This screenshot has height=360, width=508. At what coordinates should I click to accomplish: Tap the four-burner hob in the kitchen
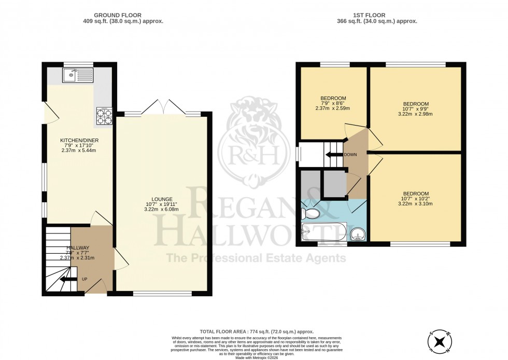coord(105,117)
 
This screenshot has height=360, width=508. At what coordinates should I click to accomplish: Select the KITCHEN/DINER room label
coord(78,140)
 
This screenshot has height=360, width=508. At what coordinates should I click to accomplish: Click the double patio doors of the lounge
coord(163,107)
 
